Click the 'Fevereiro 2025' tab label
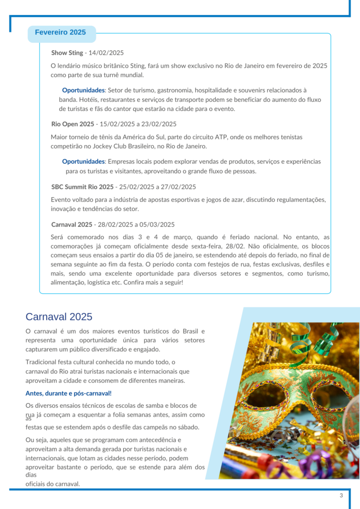(60, 33)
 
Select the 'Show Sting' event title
(67, 53)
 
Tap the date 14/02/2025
(106, 53)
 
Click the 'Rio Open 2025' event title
(73, 124)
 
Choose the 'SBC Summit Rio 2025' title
(82, 187)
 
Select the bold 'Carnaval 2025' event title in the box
(72, 225)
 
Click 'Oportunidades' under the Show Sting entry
(84, 90)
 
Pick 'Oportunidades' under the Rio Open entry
(84, 162)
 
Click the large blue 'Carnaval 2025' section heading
(59, 317)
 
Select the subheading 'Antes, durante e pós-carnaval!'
(69, 394)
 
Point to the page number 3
(341, 496)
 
